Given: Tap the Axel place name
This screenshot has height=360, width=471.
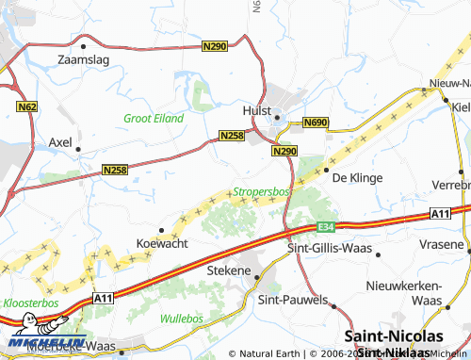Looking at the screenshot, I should coord(60,142).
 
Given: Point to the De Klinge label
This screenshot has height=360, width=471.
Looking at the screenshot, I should coord(355,176).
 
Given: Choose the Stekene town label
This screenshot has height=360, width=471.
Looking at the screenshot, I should coord(229,270).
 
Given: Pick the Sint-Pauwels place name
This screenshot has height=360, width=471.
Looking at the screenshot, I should coord(293,299).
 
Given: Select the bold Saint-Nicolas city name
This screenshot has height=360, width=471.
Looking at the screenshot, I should coord(394,336).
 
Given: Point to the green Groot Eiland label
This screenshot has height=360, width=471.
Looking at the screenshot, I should coord(154,119).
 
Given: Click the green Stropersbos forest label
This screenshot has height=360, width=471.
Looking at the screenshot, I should coord(261,191).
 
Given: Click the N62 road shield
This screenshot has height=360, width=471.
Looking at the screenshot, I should coord(26,108).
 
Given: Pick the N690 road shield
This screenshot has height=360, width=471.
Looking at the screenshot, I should coord(315,123).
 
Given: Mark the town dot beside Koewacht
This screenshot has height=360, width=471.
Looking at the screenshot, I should coord(161,229).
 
